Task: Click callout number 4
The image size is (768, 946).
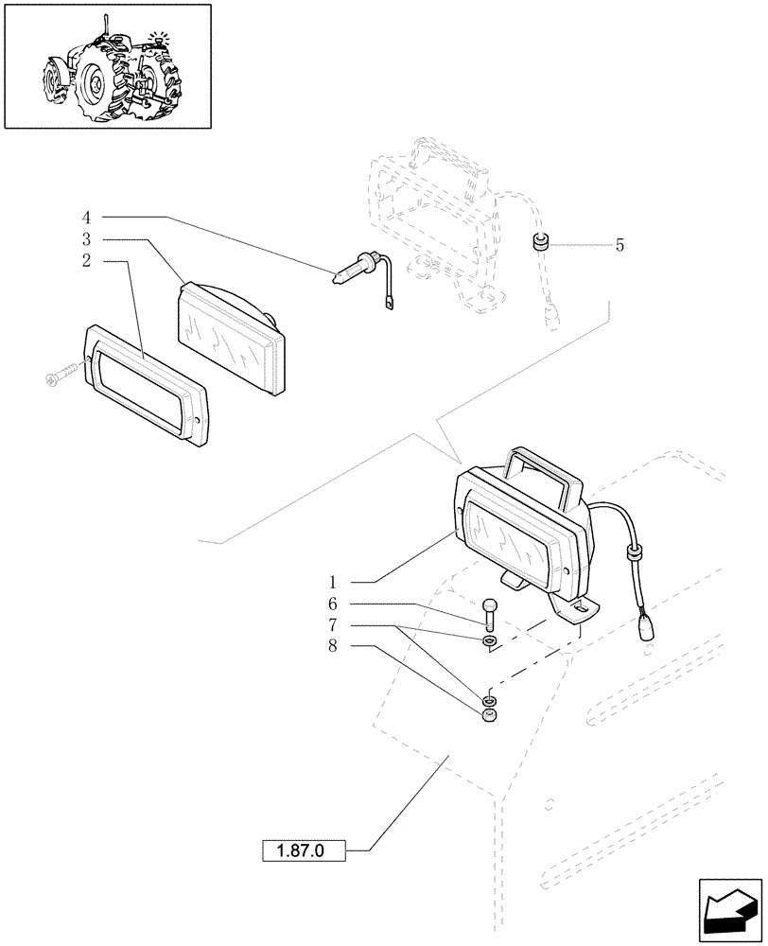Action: (x=86, y=217)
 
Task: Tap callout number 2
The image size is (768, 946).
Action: (x=86, y=260)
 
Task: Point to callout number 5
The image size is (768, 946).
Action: (x=620, y=245)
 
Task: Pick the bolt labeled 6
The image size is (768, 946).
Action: (x=488, y=612)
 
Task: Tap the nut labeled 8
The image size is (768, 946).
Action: (x=489, y=716)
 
